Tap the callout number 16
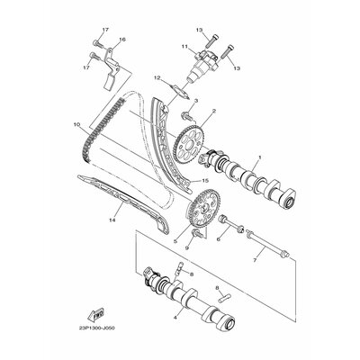click(122, 40)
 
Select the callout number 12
click(156, 78)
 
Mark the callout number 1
click(232, 159)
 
